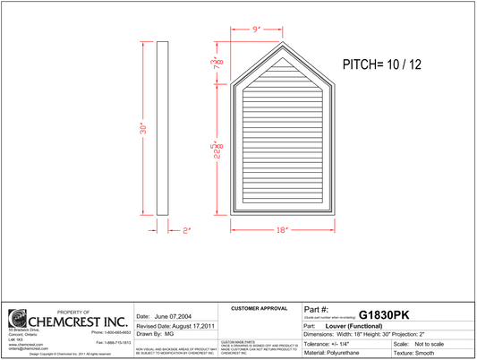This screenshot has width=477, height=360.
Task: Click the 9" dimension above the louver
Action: click(256, 30)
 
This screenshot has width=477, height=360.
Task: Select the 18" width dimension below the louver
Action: click(282, 230)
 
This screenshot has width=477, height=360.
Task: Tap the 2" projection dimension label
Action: click(187, 230)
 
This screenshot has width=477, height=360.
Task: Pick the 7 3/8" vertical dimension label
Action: click(215, 63)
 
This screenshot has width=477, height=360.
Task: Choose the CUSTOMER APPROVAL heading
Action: click(260, 308)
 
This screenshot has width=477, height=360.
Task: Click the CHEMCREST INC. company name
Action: click(79, 320)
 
